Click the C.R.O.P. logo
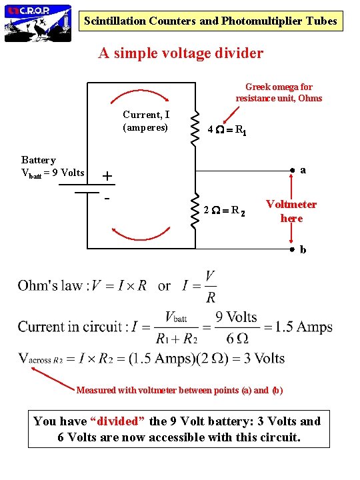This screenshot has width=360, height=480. (38, 23)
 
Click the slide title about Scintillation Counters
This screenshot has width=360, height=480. (211, 21)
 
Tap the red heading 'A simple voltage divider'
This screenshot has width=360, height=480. (181, 53)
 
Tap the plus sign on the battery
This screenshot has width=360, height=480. (107, 177)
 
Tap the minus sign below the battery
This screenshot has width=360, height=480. (106, 199)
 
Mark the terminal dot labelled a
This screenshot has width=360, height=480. (291, 171)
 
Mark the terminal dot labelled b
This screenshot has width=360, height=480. (291, 250)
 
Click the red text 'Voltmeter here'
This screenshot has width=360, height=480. (291, 211)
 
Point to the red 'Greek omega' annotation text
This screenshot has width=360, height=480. (279, 93)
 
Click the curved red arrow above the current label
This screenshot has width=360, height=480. (141, 95)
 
